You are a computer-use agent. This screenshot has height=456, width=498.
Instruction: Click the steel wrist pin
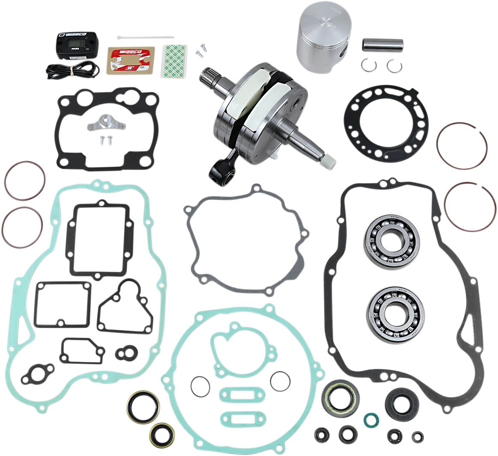tap(383, 45)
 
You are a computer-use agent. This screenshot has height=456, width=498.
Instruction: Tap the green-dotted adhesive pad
tap(174, 60)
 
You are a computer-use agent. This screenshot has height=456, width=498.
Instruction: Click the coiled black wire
tap(73, 69)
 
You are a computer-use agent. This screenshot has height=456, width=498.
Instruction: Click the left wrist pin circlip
tap(367, 65)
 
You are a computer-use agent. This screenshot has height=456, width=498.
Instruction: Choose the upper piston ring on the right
tap(462, 145)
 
